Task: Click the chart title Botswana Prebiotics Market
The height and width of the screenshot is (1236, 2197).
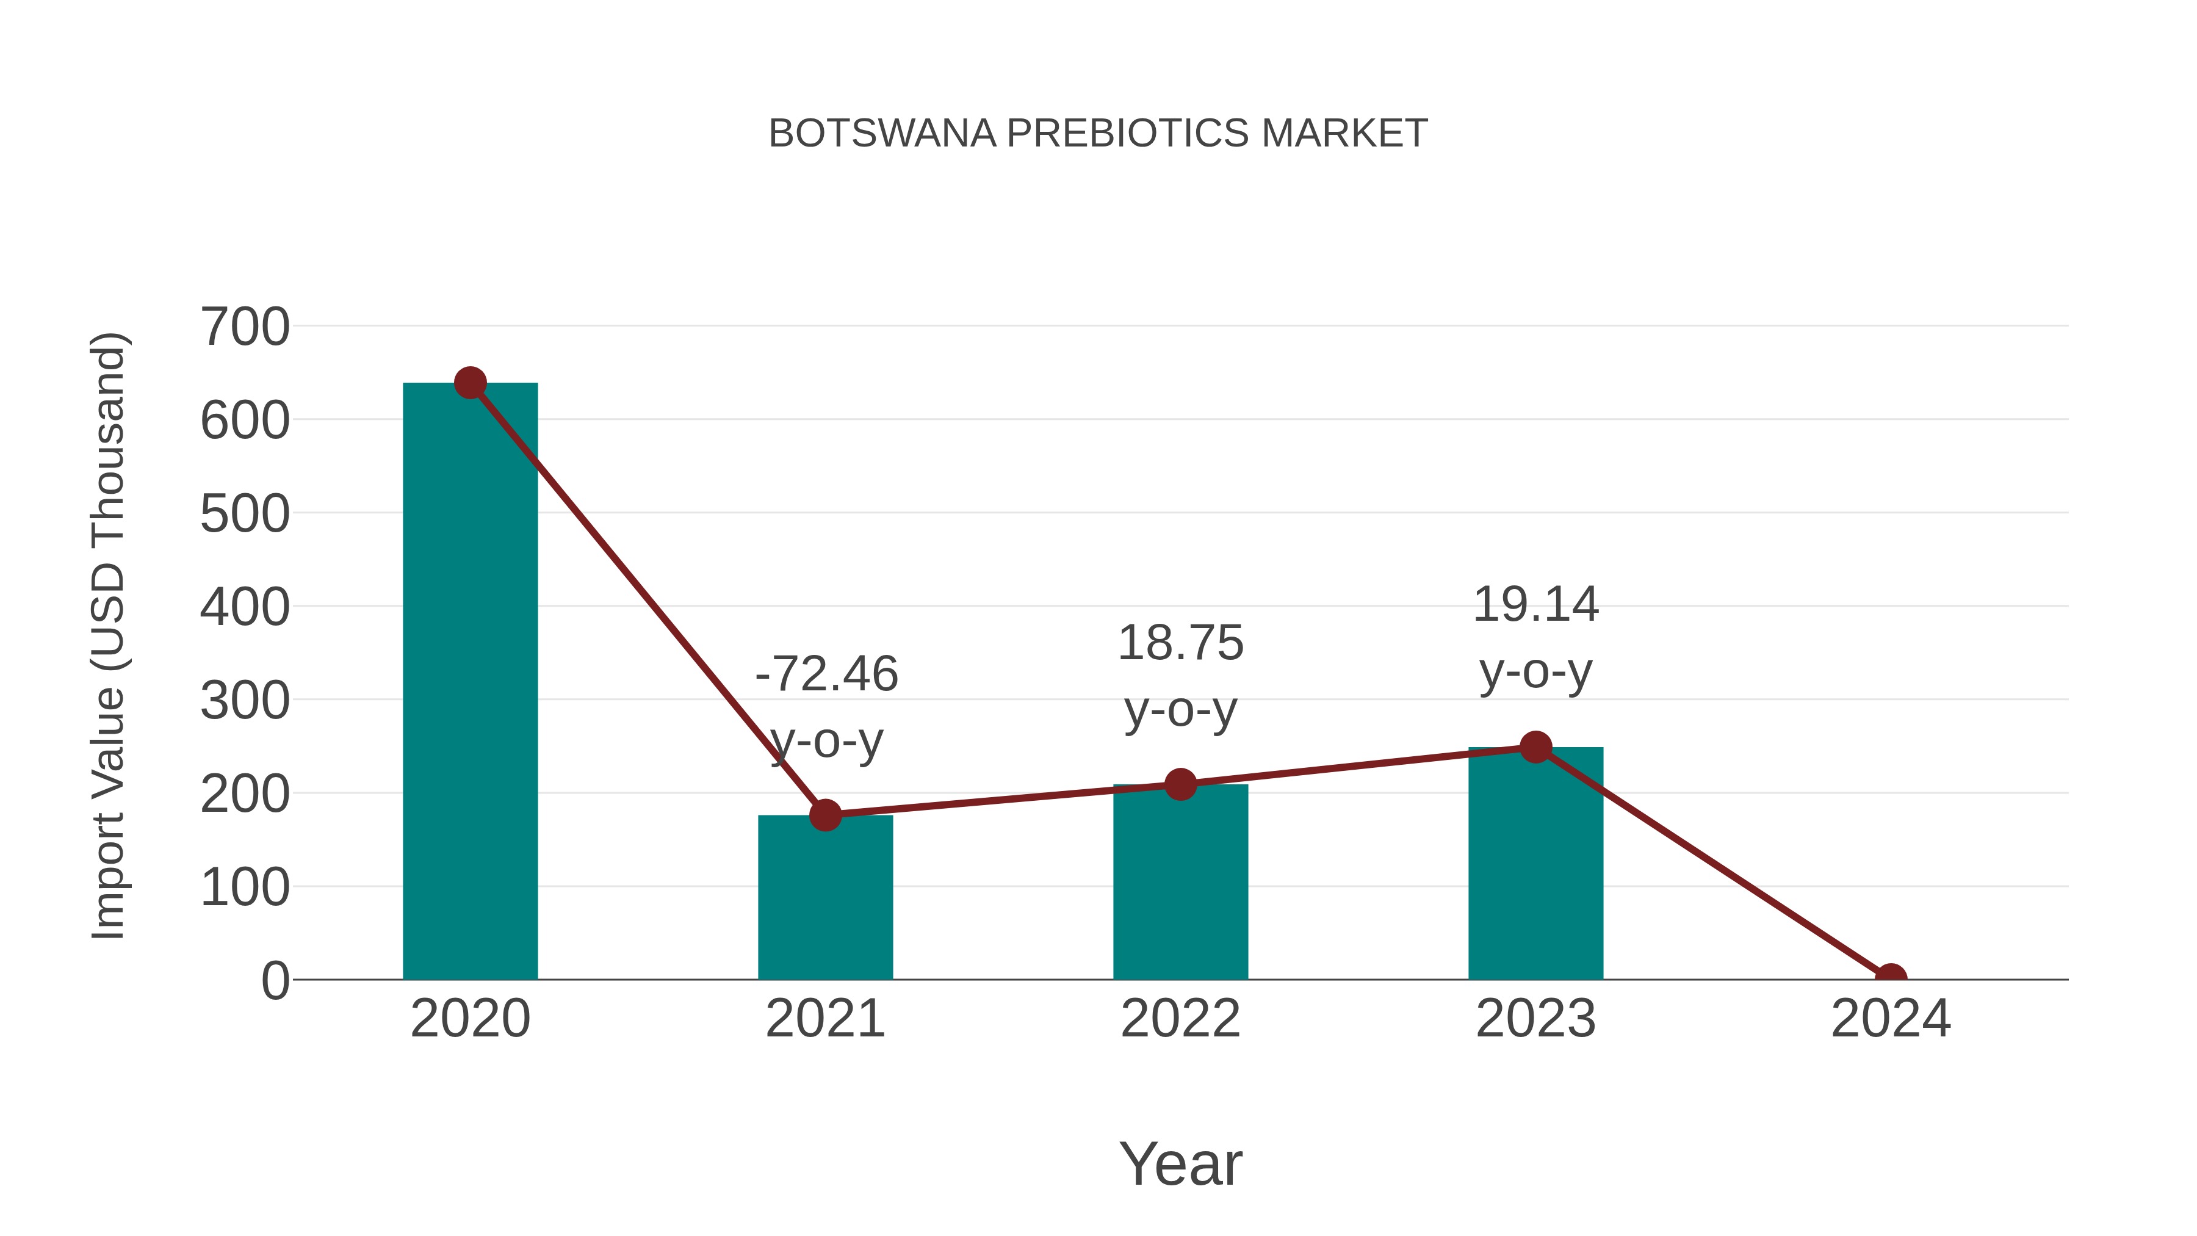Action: tap(1098, 134)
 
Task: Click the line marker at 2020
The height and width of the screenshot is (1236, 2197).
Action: tap(470, 383)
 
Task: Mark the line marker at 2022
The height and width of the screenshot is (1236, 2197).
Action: tap(1180, 784)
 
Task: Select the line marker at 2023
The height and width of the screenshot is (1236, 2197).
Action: tap(1535, 747)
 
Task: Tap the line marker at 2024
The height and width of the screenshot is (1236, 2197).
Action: tap(1890, 978)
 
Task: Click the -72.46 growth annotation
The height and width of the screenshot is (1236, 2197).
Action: tap(826, 707)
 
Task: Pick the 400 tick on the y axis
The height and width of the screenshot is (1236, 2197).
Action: tap(245, 607)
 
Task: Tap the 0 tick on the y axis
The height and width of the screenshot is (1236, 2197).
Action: tap(275, 981)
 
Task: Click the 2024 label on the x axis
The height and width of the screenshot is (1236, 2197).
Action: tap(1890, 1019)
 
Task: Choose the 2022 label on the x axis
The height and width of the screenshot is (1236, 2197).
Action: tap(1180, 1019)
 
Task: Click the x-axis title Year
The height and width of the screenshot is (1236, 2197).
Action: tap(1180, 1163)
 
